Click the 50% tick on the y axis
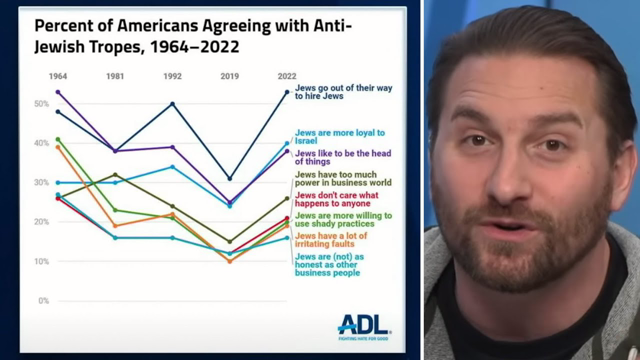42,104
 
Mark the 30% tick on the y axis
42,183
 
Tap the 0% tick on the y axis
43,300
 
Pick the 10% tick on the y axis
42,261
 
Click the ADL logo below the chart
363,325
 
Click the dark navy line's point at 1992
173,104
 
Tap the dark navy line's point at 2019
230,179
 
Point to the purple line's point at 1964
58,92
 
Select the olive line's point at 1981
115,175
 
